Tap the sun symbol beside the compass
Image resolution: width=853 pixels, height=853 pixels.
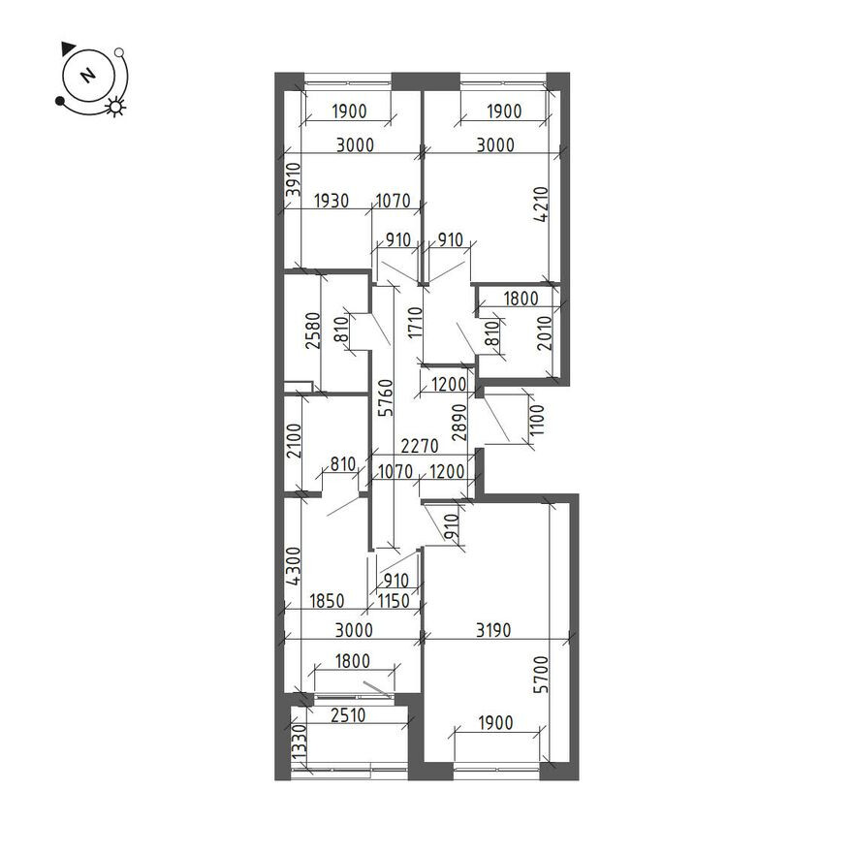click(116, 107)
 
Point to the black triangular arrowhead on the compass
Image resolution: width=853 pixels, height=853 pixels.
click(69, 47)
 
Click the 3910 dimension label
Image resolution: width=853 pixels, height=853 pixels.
click(294, 179)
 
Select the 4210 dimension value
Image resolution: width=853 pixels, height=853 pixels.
click(541, 205)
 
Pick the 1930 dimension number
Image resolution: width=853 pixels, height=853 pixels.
click(332, 201)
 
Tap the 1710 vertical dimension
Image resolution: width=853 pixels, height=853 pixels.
click(416, 322)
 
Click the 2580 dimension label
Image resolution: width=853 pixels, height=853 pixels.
click(313, 330)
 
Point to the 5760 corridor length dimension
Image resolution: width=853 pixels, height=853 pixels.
click(385, 397)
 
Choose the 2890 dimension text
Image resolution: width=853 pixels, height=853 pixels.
click(459, 422)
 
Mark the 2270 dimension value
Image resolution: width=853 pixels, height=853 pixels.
click(420, 446)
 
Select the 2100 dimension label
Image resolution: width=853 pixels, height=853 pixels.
click(294, 441)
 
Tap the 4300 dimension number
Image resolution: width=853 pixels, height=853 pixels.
click(294, 566)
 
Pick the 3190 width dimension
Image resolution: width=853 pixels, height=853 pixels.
click(493, 630)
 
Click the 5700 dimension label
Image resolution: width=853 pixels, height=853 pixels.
click(541, 675)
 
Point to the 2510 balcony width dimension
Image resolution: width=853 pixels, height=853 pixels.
click(348, 714)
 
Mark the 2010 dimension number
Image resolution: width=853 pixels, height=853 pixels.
click(544, 333)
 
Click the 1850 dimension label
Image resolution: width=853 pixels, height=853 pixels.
click(327, 601)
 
